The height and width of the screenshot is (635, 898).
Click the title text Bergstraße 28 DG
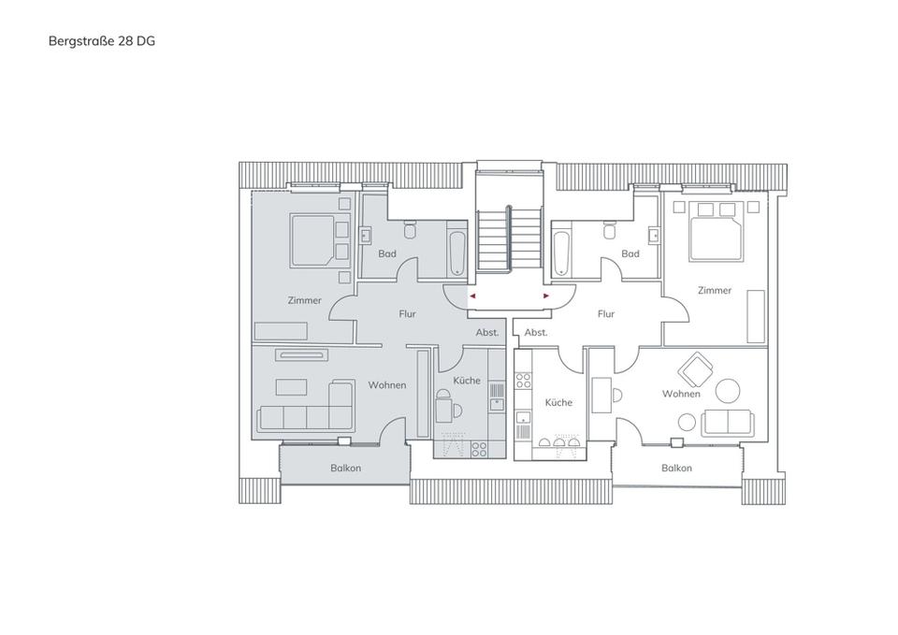102,41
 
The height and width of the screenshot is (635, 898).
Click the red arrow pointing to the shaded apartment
473,296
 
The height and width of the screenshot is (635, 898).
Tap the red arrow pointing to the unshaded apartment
546,296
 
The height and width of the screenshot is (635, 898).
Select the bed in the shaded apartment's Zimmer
312,240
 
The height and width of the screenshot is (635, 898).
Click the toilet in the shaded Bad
409,229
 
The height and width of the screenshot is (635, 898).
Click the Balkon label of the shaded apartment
345,468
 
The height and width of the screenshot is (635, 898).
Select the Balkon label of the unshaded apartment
676,468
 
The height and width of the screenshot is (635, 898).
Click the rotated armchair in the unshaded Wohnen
696,369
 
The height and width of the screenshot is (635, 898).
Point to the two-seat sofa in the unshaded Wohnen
727,422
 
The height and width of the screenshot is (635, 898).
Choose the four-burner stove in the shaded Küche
478,449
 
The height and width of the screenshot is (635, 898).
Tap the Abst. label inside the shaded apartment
487,332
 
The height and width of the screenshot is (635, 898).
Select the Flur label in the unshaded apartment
606,314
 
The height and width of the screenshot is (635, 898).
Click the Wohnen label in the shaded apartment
387,385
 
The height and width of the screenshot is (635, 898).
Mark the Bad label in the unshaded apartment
630,253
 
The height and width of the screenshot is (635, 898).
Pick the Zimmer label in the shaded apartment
305,300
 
